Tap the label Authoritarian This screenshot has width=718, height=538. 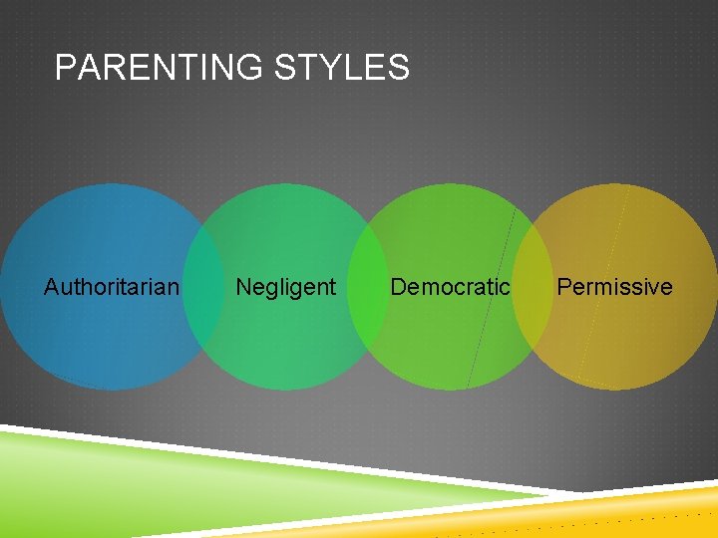tap(112, 287)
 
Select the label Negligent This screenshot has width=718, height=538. tap(285, 287)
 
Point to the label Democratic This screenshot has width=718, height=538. tap(450, 287)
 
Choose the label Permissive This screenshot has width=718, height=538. tap(614, 287)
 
